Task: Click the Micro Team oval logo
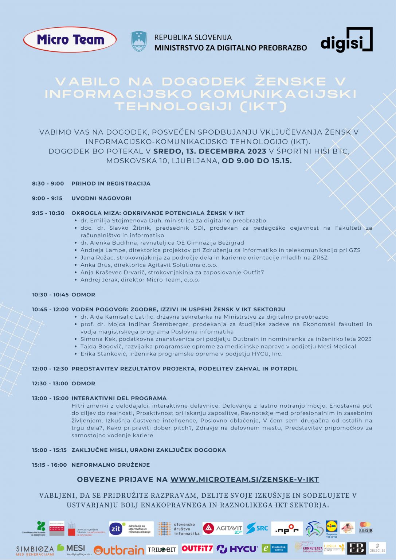[x=70, y=40]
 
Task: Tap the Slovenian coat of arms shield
[x=139, y=42]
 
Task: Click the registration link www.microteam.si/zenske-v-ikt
[x=244, y=479]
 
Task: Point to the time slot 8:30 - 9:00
[x=48, y=183]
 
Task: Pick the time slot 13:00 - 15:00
[x=50, y=398]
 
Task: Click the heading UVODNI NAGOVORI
[x=101, y=198]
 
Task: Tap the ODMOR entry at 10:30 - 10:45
[x=83, y=295]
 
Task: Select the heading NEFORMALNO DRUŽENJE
[x=111, y=465]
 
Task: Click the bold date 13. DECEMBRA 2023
[x=210, y=151]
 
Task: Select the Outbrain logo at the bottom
[x=119, y=550]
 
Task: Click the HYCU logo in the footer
[x=237, y=549]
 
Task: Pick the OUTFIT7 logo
[x=197, y=548]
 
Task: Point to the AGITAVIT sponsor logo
[x=223, y=528]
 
